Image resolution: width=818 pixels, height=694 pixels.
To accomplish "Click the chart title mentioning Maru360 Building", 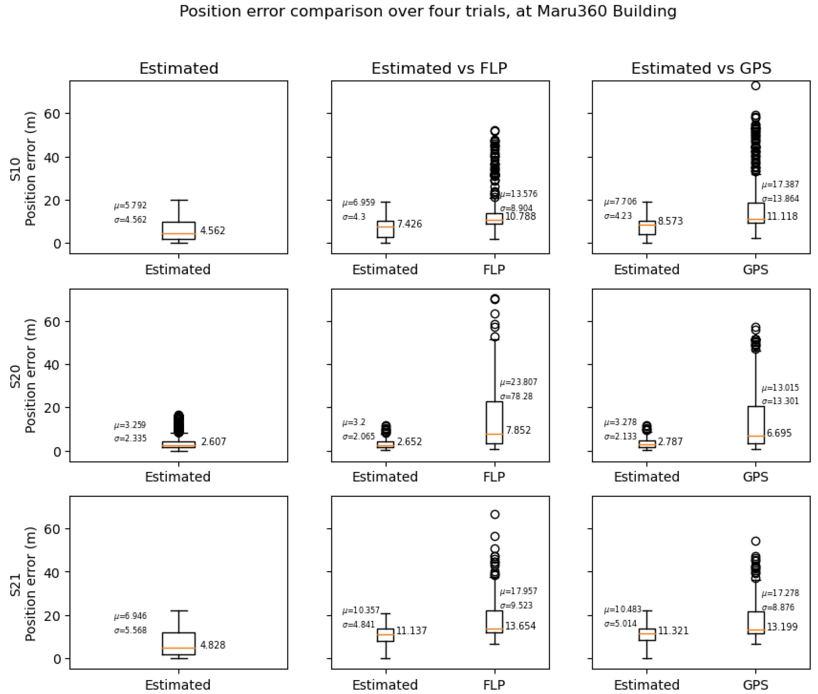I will tap(428, 11).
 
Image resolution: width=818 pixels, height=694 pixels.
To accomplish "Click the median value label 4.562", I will tap(212, 230).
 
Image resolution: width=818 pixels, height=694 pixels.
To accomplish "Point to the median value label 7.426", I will tap(409, 224).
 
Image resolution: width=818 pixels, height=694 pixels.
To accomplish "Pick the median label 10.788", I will tap(520, 216).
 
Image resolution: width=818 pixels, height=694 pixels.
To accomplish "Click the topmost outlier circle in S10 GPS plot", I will tap(755, 86).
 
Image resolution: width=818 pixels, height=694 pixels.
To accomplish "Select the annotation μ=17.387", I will tap(780, 185).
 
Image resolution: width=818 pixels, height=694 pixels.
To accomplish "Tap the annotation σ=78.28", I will tap(516, 396).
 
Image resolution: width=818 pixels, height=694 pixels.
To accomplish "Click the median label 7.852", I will tap(518, 430).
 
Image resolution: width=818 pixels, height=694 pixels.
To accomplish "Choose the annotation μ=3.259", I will tap(130, 425).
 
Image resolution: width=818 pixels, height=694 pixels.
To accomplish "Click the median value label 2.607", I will tap(214, 442).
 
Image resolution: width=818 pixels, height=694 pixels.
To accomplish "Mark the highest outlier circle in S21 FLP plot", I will tap(495, 514).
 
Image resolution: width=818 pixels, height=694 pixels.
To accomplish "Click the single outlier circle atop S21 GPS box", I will tap(755, 541).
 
